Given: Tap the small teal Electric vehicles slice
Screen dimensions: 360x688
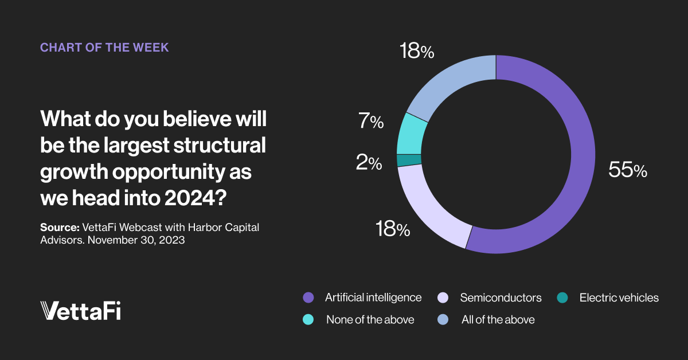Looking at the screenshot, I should tap(409, 160).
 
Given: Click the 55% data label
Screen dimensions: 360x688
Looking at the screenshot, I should tap(628, 170).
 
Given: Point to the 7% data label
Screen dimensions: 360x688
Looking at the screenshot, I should tap(369, 122).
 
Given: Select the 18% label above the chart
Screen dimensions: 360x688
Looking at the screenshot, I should tap(417, 52).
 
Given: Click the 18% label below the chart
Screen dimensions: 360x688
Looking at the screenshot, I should tap(393, 229).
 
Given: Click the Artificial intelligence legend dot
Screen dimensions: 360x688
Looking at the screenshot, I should tap(308, 298).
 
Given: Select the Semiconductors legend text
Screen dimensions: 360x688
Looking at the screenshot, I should tap(501, 298).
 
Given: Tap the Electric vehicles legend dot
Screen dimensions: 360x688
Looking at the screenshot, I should tap(563, 298).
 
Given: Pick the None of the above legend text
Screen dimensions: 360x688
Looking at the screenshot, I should tap(370, 320).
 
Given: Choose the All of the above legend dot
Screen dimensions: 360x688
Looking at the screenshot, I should tap(444, 320).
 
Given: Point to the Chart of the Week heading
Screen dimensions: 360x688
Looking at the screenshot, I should tap(104, 48).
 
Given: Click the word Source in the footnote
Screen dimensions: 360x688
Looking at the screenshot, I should tap(59, 228).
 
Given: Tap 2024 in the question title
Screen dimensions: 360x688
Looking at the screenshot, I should tap(193, 199).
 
